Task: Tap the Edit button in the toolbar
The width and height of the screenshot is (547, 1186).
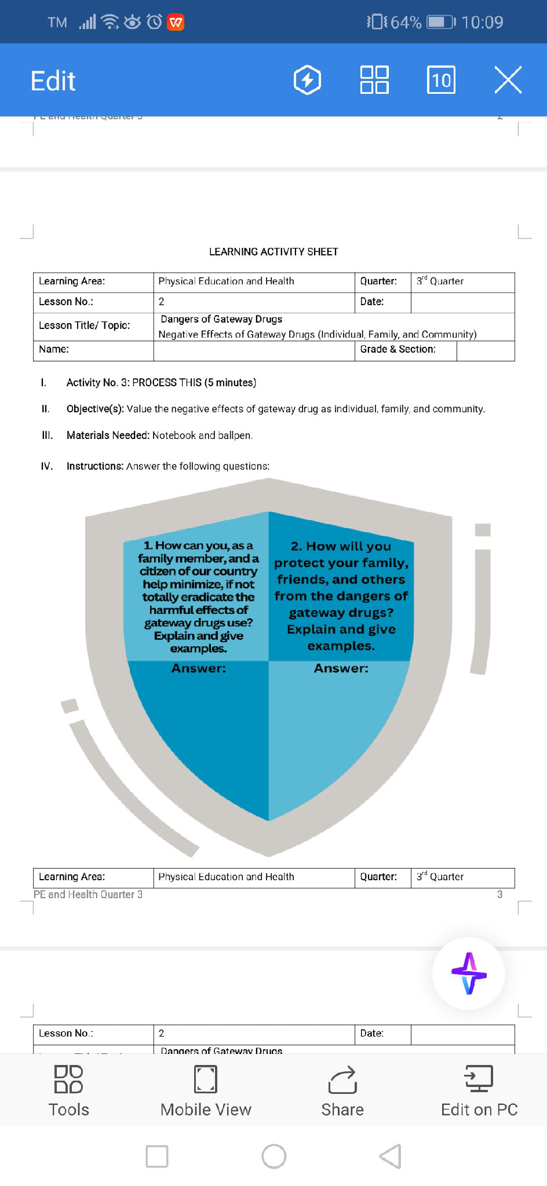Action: (x=53, y=80)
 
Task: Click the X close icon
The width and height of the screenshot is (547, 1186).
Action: (x=508, y=80)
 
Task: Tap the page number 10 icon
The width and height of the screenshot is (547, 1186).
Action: (x=441, y=80)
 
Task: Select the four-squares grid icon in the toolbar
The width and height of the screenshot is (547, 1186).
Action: (x=374, y=80)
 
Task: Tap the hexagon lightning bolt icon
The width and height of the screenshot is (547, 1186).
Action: (x=307, y=80)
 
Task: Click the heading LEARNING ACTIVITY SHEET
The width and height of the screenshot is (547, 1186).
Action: (x=273, y=252)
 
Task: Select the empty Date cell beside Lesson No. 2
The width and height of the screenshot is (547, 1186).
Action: (x=462, y=302)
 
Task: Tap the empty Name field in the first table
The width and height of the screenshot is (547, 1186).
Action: (x=254, y=350)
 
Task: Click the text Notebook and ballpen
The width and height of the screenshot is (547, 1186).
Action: (x=202, y=435)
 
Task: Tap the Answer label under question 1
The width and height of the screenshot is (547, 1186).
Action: (x=199, y=668)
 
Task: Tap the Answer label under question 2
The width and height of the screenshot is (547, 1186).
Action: (x=341, y=668)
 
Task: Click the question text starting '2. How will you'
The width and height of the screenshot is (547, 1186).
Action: (x=341, y=595)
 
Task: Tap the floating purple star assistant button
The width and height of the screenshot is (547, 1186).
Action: (x=469, y=973)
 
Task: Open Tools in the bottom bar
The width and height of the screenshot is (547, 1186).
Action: (x=69, y=1090)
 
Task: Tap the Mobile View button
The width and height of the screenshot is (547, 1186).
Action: (x=206, y=1090)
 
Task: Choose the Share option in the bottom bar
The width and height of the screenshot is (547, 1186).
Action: (x=342, y=1090)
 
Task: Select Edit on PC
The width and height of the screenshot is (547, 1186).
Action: (x=479, y=1090)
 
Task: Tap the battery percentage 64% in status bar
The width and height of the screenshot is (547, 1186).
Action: (x=406, y=22)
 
